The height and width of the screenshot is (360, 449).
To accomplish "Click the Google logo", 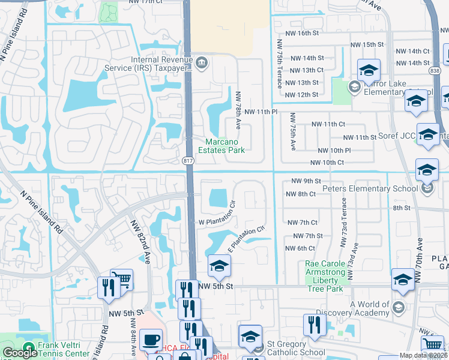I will click(x=19, y=353).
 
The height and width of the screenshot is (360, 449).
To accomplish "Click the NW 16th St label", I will click(x=316, y=32).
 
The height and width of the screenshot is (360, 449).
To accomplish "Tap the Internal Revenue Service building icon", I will click(x=202, y=61).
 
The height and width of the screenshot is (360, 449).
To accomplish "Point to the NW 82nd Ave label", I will click(x=140, y=241).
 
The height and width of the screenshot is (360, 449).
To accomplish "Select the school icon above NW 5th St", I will click(x=219, y=266).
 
